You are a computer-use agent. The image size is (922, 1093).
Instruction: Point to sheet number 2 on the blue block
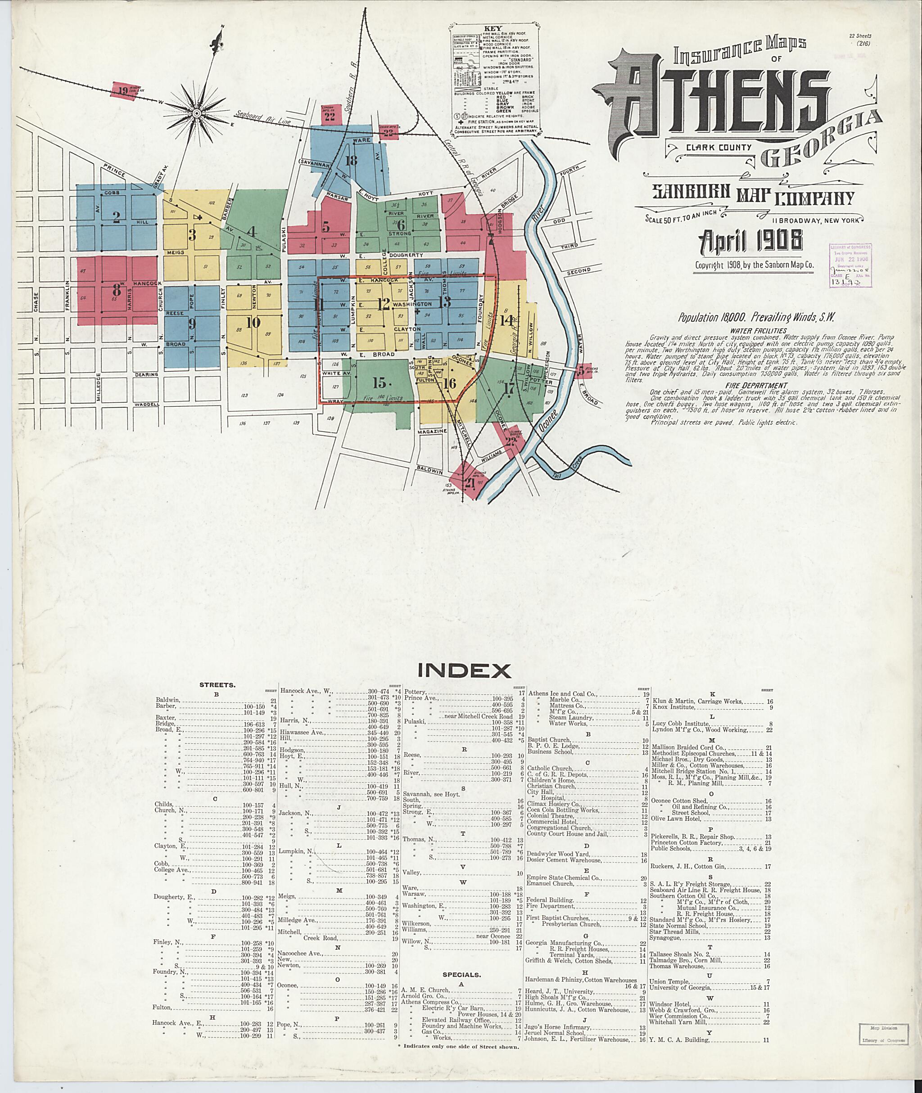tap(117, 216)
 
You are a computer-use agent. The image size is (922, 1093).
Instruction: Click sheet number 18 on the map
tap(351, 160)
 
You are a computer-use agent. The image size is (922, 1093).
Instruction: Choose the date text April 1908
tap(751, 241)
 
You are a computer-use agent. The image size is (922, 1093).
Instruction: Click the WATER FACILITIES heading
tap(759, 330)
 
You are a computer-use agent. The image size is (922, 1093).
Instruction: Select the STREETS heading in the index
tap(217, 684)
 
